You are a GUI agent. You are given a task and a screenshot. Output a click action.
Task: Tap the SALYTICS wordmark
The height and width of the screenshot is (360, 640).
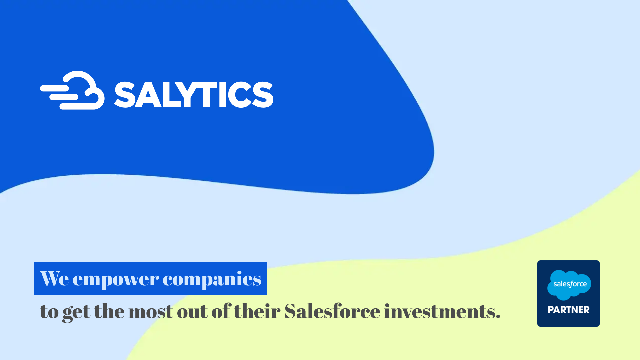194,95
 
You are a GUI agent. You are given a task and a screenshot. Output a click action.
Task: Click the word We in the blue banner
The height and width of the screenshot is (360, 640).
55,279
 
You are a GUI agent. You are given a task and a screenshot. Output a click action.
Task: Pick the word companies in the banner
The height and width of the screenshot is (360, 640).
212,279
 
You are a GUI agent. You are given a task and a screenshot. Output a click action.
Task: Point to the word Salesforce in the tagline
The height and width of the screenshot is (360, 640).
332,311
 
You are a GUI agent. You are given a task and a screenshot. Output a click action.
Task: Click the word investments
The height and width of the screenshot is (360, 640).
442,311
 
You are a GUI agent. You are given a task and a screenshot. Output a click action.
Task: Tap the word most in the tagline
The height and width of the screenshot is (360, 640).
151,312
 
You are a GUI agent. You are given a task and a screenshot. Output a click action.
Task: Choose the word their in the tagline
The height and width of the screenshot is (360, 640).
257,311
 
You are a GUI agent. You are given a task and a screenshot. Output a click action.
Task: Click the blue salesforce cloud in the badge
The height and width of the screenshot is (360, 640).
569,285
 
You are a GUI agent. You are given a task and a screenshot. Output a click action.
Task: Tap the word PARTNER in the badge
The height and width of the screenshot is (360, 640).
569,310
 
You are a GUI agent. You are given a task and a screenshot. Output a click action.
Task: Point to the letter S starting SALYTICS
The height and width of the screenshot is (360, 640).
124,95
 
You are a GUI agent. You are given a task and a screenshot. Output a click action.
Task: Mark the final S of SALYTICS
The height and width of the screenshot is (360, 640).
263,95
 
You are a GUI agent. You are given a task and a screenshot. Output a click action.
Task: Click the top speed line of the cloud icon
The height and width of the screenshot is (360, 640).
55,88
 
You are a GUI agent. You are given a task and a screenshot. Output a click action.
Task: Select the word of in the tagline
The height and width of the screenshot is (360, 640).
221,311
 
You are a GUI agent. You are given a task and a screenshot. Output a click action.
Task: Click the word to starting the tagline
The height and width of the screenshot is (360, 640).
49,312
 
